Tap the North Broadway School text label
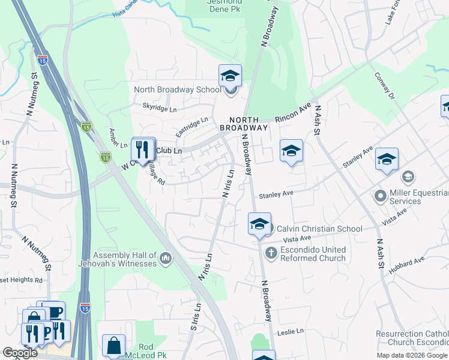click(177, 90)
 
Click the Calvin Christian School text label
click(319, 229)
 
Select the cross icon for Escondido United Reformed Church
click(271, 253)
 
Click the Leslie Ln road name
click(291, 331)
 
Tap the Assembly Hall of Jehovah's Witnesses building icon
click(166, 259)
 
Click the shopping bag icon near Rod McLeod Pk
click(113, 346)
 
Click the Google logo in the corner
click(20, 353)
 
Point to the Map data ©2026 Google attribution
click(412, 355)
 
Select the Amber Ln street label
click(117, 139)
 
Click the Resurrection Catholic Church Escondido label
click(412, 338)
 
